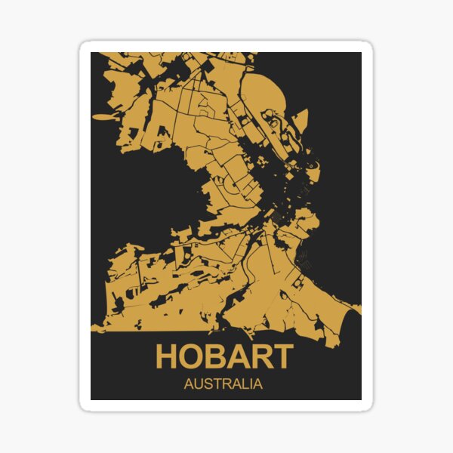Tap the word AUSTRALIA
pos(223,384)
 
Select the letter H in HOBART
pos(168,356)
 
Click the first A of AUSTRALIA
pos(188,384)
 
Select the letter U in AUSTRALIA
pos(197,384)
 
